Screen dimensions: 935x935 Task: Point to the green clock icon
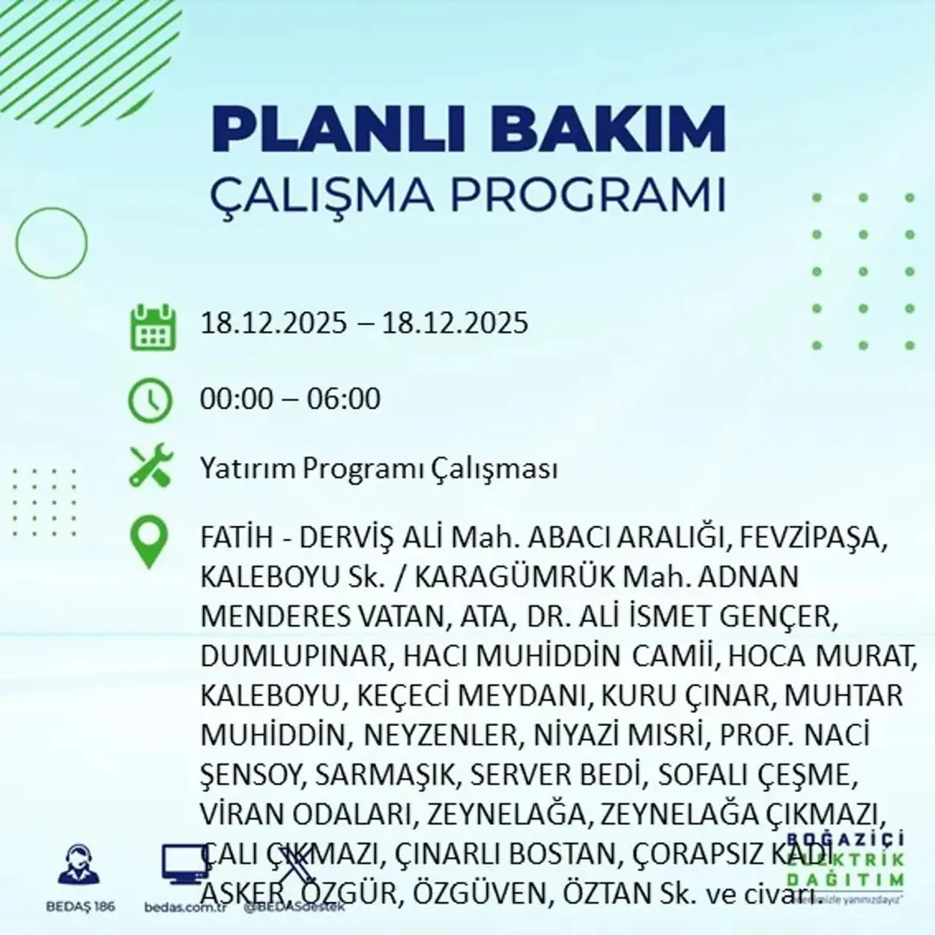point(150,401)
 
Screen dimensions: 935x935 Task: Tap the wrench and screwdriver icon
point(150,467)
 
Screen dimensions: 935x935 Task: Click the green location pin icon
point(149,542)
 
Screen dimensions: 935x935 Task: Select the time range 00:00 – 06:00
point(291,400)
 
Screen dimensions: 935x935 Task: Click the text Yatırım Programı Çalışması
point(379,469)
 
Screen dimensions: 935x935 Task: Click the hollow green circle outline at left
point(51,242)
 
